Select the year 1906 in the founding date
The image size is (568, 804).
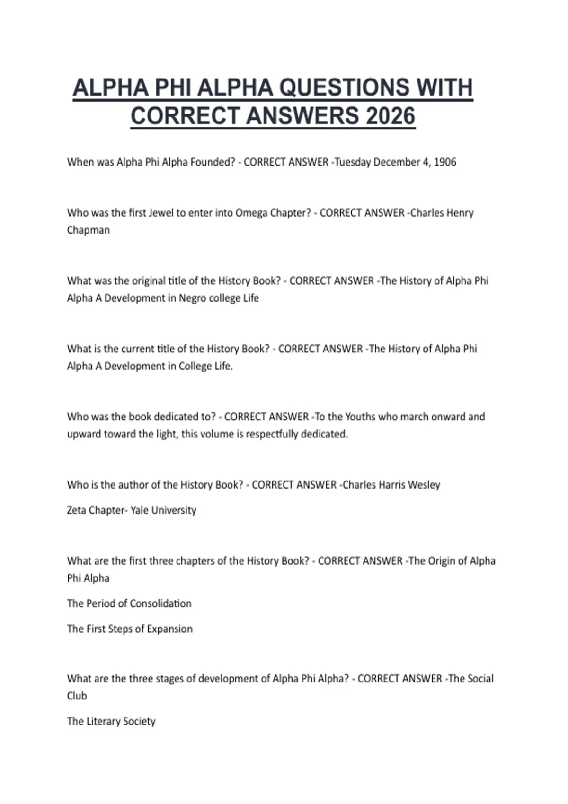pyautogui.click(x=445, y=162)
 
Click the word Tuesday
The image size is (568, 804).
pyautogui.click(x=353, y=162)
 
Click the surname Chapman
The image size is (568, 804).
pyautogui.click(x=89, y=230)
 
